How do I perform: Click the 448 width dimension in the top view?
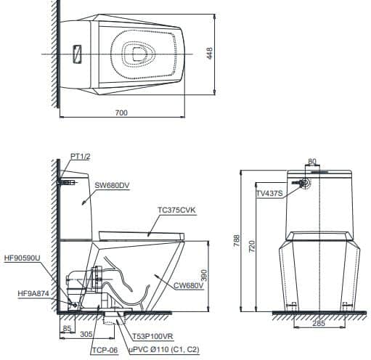(210, 53)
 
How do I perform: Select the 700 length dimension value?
(121, 112)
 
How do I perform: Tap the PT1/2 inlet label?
(81, 157)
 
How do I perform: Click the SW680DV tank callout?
(112, 185)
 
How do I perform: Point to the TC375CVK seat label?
(176, 210)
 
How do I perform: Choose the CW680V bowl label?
(188, 286)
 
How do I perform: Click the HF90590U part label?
(23, 258)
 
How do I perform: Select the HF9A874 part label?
(33, 293)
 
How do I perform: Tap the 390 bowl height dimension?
(204, 275)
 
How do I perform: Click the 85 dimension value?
(67, 328)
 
